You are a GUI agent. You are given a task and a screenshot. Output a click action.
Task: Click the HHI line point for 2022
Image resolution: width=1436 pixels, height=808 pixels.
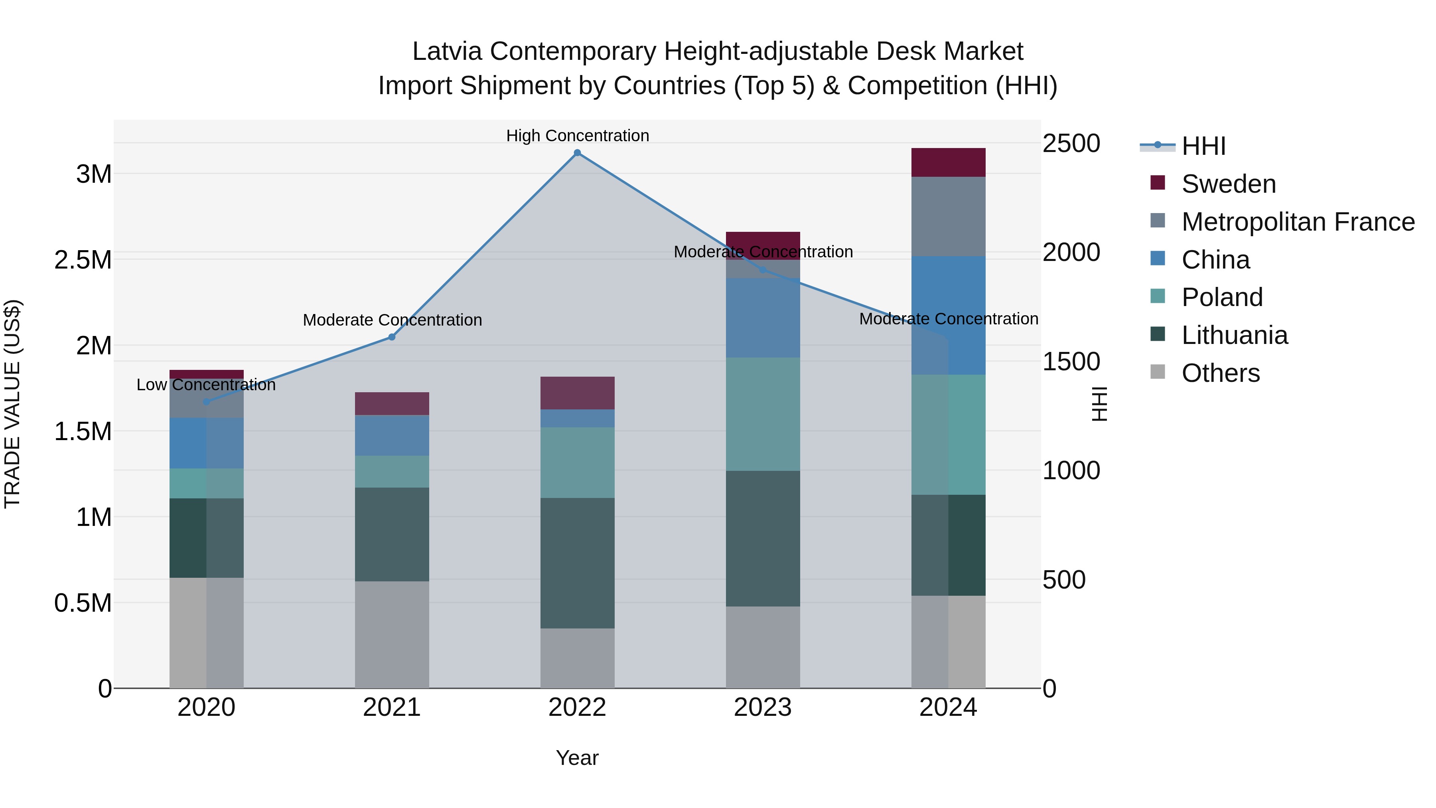pyautogui.click(x=578, y=153)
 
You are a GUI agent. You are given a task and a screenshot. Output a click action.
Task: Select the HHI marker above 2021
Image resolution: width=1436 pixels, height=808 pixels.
pyautogui.click(x=392, y=337)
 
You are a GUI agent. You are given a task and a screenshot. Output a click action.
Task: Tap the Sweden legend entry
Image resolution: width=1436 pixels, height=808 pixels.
pyautogui.click(x=1228, y=184)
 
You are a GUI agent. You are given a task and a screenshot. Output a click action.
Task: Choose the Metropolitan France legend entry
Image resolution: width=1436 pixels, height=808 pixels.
pyautogui.click(x=1298, y=222)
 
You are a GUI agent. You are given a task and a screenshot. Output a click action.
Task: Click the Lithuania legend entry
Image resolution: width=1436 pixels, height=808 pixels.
pyautogui.click(x=1234, y=335)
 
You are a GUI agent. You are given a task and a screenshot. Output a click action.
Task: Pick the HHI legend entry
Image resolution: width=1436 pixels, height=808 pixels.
pyautogui.click(x=1203, y=146)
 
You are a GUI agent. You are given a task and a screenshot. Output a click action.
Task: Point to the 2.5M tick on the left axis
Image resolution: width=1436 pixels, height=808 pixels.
pyautogui.click(x=83, y=260)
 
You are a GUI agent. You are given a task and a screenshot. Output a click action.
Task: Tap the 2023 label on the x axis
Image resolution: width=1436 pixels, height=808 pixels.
pyautogui.click(x=763, y=707)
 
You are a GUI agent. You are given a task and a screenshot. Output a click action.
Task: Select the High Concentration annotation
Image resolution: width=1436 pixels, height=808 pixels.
pyautogui.click(x=578, y=136)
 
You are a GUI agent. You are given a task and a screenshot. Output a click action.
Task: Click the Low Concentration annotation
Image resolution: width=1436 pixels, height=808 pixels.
pyautogui.click(x=206, y=385)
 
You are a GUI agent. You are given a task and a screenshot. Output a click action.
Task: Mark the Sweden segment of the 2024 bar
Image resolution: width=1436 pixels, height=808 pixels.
pyautogui.click(x=948, y=162)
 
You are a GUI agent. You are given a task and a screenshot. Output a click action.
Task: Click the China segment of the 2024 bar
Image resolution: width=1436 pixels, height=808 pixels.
pyautogui.click(x=948, y=315)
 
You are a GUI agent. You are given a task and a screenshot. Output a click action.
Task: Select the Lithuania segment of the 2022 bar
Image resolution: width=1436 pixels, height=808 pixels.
pyautogui.click(x=578, y=563)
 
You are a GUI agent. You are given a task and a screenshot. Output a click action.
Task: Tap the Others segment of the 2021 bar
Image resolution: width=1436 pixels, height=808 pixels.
pyautogui.click(x=392, y=634)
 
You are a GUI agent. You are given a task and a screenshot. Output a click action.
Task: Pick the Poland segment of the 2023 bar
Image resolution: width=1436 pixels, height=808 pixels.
pyautogui.click(x=763, y=414)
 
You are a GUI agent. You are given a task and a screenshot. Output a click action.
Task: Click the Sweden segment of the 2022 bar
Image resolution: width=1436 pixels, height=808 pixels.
pyautogui.click(x=578, y=393)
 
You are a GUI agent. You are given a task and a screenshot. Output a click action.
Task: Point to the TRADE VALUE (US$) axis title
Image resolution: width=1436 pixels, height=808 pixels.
pyautogui.click(x=12, y=404)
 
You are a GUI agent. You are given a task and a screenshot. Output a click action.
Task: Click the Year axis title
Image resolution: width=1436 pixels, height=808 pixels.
pyautogui.click(x=577, y=758)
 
